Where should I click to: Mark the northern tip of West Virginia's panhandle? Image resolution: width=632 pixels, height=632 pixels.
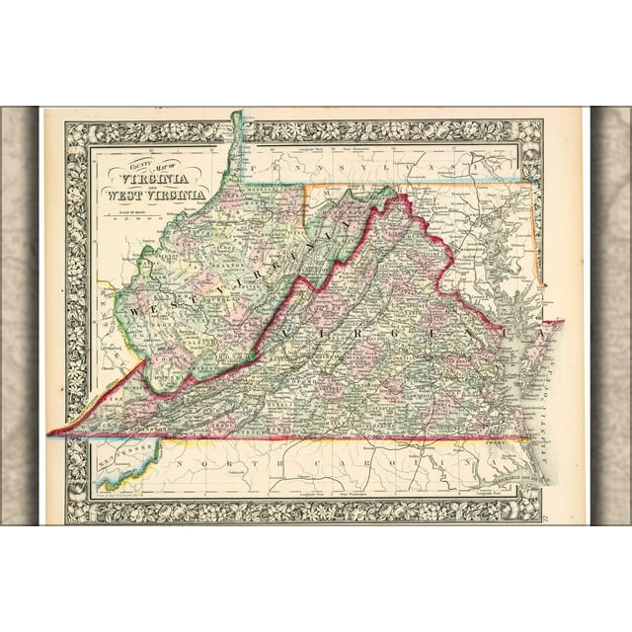237,113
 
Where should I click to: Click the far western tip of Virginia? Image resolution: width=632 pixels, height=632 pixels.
50,433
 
